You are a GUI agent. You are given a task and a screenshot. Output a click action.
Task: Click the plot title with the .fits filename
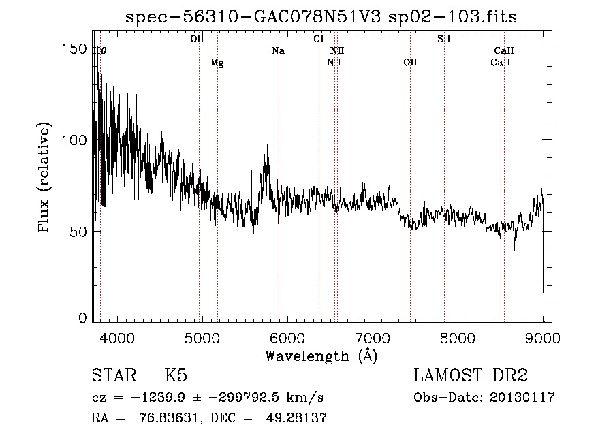[x=321, y=18]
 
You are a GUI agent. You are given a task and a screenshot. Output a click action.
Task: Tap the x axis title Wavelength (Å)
[x=321, y=356]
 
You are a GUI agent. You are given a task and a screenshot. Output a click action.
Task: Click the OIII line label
[x=198, y=39]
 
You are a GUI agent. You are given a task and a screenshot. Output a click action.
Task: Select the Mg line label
[x=217, y=63]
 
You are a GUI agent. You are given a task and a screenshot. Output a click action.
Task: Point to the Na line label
[x=278, y=50]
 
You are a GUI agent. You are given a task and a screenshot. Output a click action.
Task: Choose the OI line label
[x=318, y=39]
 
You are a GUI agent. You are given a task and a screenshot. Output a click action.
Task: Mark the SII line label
[x=443, y=39]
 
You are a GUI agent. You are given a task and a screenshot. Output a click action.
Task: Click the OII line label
[x=409, y=63]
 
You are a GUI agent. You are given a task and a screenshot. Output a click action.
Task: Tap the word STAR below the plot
[x=114, y=376]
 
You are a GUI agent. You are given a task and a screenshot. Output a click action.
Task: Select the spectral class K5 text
[x=176, y=376]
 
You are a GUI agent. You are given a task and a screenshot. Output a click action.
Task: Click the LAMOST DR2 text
[x=471, y=376]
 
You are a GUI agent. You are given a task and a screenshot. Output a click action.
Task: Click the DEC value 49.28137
[x=298, y=418]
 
